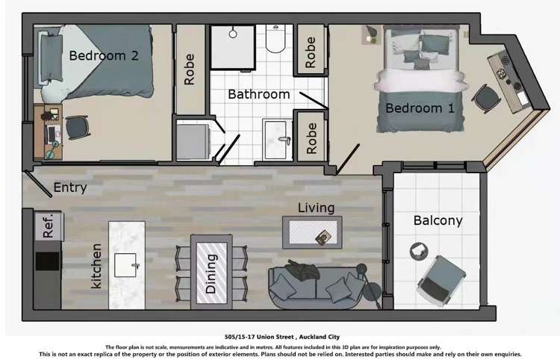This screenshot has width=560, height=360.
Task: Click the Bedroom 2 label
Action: (x=104, y=56)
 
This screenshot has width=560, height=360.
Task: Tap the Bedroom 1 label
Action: (x=420, y=108)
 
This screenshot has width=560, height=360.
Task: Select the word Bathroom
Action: (x=259, y=94)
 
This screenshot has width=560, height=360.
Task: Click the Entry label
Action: (x=70, y=187)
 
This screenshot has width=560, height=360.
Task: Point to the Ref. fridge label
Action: (x=49, y=226)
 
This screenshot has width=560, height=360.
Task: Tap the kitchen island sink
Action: (x=126, y=265)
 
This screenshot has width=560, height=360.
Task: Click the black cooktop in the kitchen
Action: (x=48, y=261)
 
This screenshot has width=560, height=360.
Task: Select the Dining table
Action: (x=211, y=272)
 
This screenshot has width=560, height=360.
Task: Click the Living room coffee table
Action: (x=313, y=232)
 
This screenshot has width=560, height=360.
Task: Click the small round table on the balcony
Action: (x=419, y=251)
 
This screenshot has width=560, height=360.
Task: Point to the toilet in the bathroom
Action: (x=276, y=39)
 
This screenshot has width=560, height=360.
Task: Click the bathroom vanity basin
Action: (x=277, y=139)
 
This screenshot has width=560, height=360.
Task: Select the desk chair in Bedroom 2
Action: (x=76, y=128)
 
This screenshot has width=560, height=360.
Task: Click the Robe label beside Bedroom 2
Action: (x=190, y=69)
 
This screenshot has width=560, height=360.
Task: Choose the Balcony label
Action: (x=438, y=221)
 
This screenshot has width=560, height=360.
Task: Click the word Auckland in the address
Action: (x=312, y=337)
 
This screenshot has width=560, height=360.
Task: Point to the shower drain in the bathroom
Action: (x=233, y=34)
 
